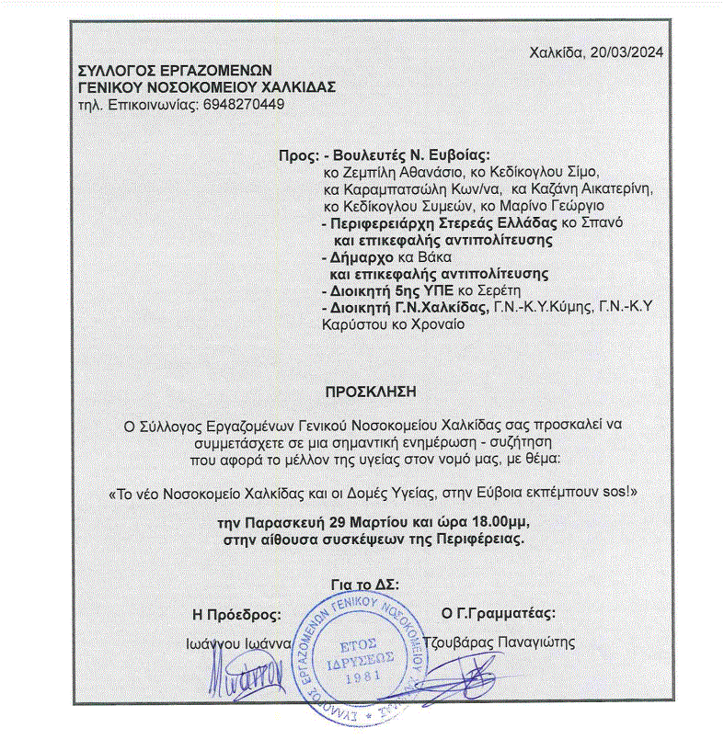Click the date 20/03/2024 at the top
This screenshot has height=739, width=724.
(x=629, y=51)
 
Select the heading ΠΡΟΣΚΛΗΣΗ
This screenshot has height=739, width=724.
(x=371, y=391)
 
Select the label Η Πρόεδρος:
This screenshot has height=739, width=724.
(x=236, y=614)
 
